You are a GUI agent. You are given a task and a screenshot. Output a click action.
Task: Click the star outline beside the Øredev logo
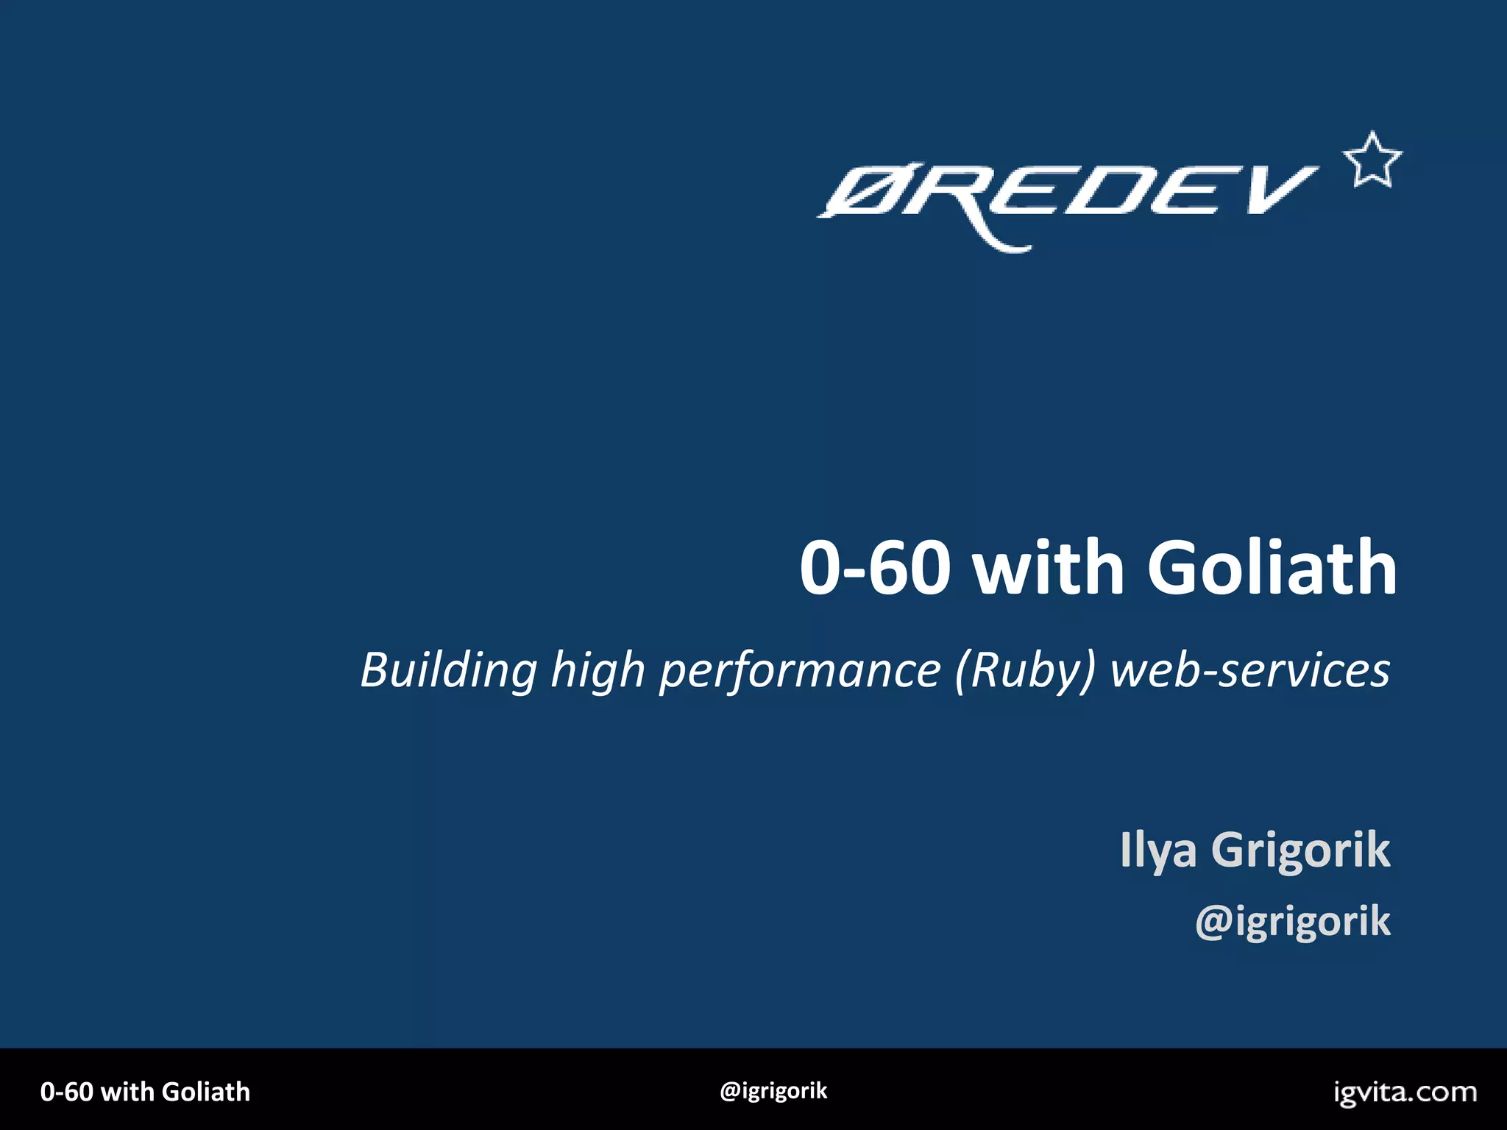pos(1372,160)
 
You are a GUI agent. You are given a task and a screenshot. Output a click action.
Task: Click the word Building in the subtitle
pos(449,671)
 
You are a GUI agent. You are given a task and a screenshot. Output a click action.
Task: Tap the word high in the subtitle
pos(598,671)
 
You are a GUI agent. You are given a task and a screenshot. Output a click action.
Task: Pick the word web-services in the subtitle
pos(1249,671)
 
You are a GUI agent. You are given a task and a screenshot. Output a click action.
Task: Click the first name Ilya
pos(1158,850)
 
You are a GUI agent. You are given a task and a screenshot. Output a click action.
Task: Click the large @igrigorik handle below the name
pos(1293,921)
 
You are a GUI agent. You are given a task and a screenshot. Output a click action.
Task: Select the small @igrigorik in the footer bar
pos(773,1090)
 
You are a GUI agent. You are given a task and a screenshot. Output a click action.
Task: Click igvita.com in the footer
pos(1405,1092)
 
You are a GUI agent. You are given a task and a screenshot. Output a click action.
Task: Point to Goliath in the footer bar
pos(206,1092)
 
